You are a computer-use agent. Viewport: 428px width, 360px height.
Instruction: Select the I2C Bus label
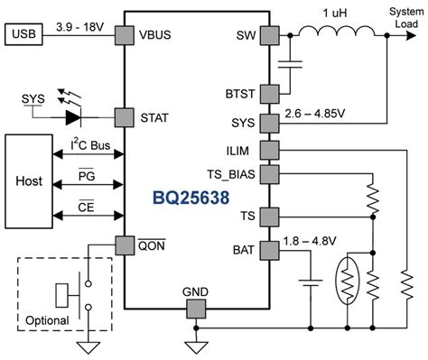coord(89,144)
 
